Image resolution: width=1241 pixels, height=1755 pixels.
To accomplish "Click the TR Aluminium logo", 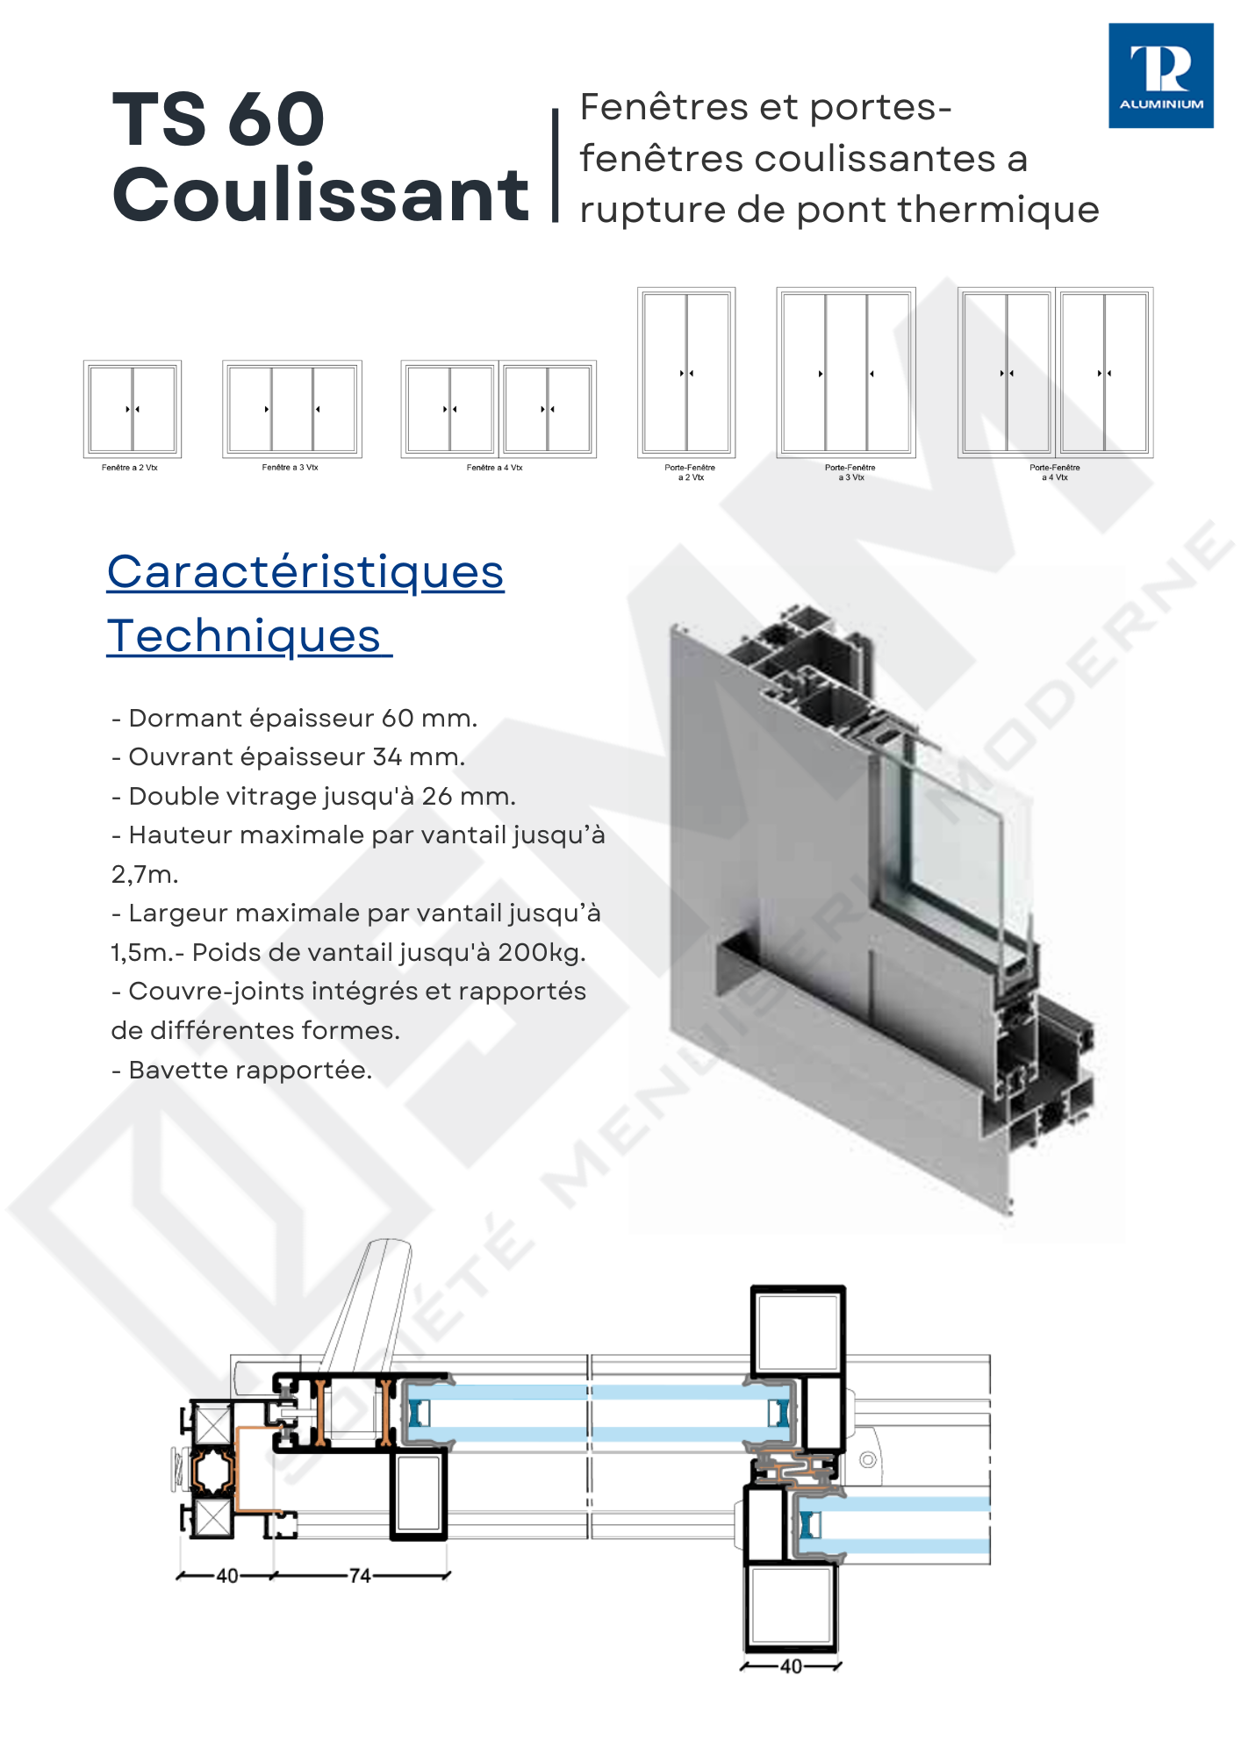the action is [x=1160, y=75].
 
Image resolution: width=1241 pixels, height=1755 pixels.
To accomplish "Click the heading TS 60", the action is [x=219, y=119].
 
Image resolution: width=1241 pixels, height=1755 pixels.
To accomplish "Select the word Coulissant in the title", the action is [x=320, y=194].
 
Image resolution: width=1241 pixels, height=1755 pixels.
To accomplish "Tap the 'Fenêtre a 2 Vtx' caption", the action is [x=130, y=468].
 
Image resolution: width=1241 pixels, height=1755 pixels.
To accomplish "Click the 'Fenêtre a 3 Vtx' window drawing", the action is [x=292, y=409].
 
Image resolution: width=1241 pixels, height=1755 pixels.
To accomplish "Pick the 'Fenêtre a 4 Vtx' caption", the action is [x=494, y=468].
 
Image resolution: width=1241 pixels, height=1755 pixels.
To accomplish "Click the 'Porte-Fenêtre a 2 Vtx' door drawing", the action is [x=686, y=372].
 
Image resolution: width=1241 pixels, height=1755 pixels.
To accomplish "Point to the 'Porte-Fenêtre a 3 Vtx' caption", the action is [x=850, y=472].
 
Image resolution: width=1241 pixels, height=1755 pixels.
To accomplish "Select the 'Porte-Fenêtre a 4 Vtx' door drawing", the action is [x=1055, y=372].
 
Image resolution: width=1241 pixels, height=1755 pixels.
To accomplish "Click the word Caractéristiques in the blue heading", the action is [x=305, y=572].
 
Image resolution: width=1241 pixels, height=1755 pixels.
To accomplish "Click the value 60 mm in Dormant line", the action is [x=428, y=718].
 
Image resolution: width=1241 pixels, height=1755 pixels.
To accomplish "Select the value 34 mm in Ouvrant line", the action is [x=418, y=756].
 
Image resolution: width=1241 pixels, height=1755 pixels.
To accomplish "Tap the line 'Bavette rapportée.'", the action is [x=242, y=1070].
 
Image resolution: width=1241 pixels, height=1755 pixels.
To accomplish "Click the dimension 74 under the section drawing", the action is [x=360, y=1575].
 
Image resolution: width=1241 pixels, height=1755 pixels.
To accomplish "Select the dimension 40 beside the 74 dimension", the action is [x=227, y=1575].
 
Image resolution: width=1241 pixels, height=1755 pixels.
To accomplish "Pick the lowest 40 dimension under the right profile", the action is [x=791, y=1665].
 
